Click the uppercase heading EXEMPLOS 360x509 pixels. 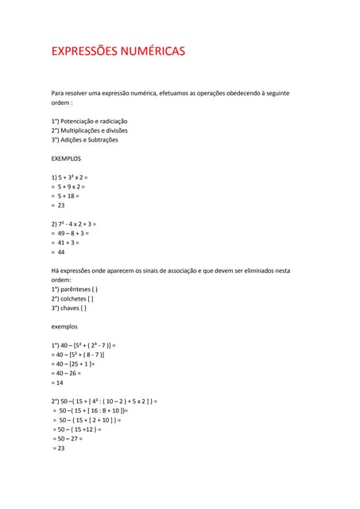pos(66,158)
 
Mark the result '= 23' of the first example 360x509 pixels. pos(58,205)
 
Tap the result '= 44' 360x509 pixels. pos(58,252)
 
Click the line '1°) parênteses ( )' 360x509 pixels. pos(75,289)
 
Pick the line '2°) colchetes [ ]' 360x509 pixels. pos(72,298)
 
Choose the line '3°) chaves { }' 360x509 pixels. pos(70,308)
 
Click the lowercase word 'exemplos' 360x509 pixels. pos(64,326)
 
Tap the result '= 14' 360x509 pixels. pos(58,383)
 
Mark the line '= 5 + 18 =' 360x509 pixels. pos(65,196)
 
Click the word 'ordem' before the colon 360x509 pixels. pos(60,103)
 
